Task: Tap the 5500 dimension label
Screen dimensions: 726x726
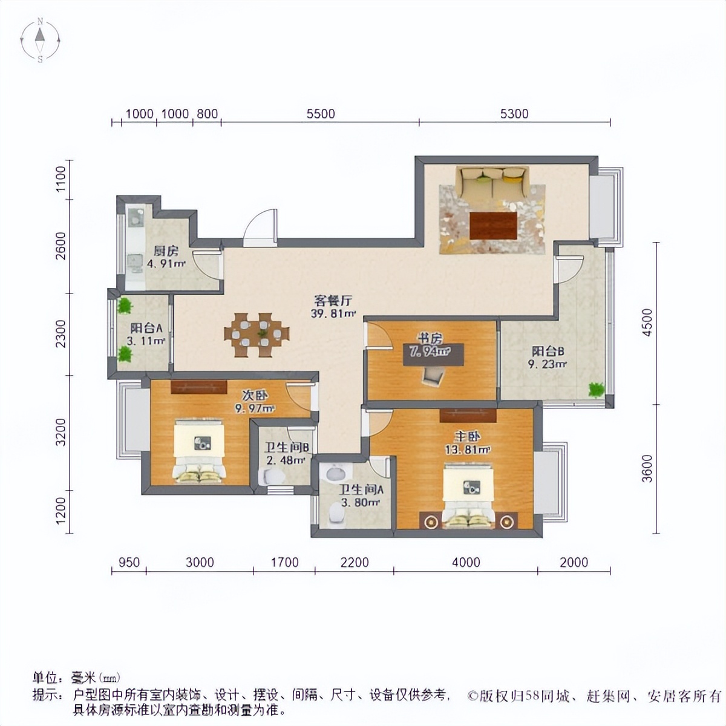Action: (x=321, y=114)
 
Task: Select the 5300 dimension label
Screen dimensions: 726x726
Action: (x=515, y=114)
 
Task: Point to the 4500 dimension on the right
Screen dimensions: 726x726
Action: (x=647, y=322)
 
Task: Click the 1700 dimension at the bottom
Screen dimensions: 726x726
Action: (x=284, y=562)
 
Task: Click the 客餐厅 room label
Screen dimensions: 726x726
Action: (x=333, y=300)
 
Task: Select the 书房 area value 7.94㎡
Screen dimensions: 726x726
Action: (x=429, y=352)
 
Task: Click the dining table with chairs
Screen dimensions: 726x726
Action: (x=257, y=334)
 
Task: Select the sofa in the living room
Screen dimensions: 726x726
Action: (x=492, y=182)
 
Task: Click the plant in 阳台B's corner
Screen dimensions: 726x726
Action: (x=597, y=390)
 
